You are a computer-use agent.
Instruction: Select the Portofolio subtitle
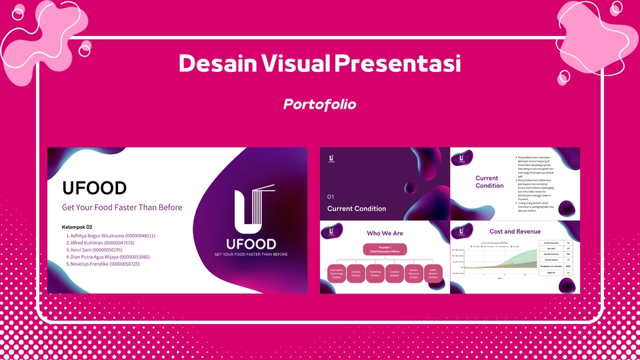point(319,105)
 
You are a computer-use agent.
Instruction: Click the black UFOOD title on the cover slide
point(94,188)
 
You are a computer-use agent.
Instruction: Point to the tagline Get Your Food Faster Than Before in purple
point(122,207)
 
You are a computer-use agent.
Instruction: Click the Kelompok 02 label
point(77,227)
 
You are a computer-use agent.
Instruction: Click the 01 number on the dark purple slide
point(330,197)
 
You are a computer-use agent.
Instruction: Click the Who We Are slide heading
point(385,233)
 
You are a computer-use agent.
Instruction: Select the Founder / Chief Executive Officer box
point(385,250)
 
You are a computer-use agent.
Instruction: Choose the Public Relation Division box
point(433,273)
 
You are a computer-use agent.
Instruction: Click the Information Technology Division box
point(336,273)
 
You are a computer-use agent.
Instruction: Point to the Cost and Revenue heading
point(515,231)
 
